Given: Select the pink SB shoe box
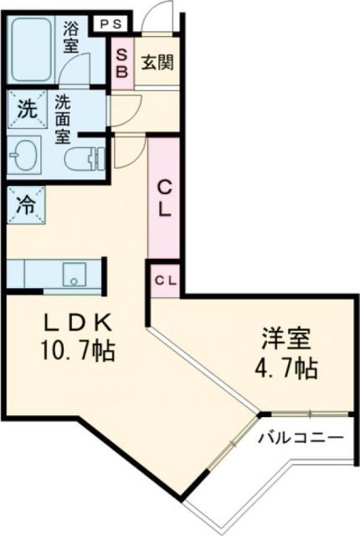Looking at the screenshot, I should (x=121, y=63).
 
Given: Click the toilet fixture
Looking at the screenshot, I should (x=85, y=157).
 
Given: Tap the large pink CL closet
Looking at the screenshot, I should (x=165, y=198).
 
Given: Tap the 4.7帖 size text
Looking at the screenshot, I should (x=285, y=367).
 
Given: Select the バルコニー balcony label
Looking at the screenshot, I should (x=301, y=437).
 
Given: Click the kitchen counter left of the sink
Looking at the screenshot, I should (x=33, y=273).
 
